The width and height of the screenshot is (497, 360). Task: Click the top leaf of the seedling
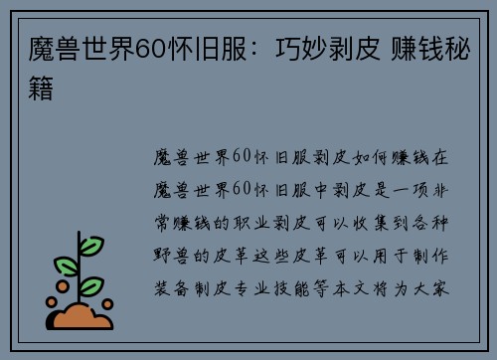[91, 245]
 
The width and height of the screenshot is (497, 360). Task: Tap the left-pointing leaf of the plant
[67, 266]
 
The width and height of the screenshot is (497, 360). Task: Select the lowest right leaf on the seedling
[91, 286]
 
